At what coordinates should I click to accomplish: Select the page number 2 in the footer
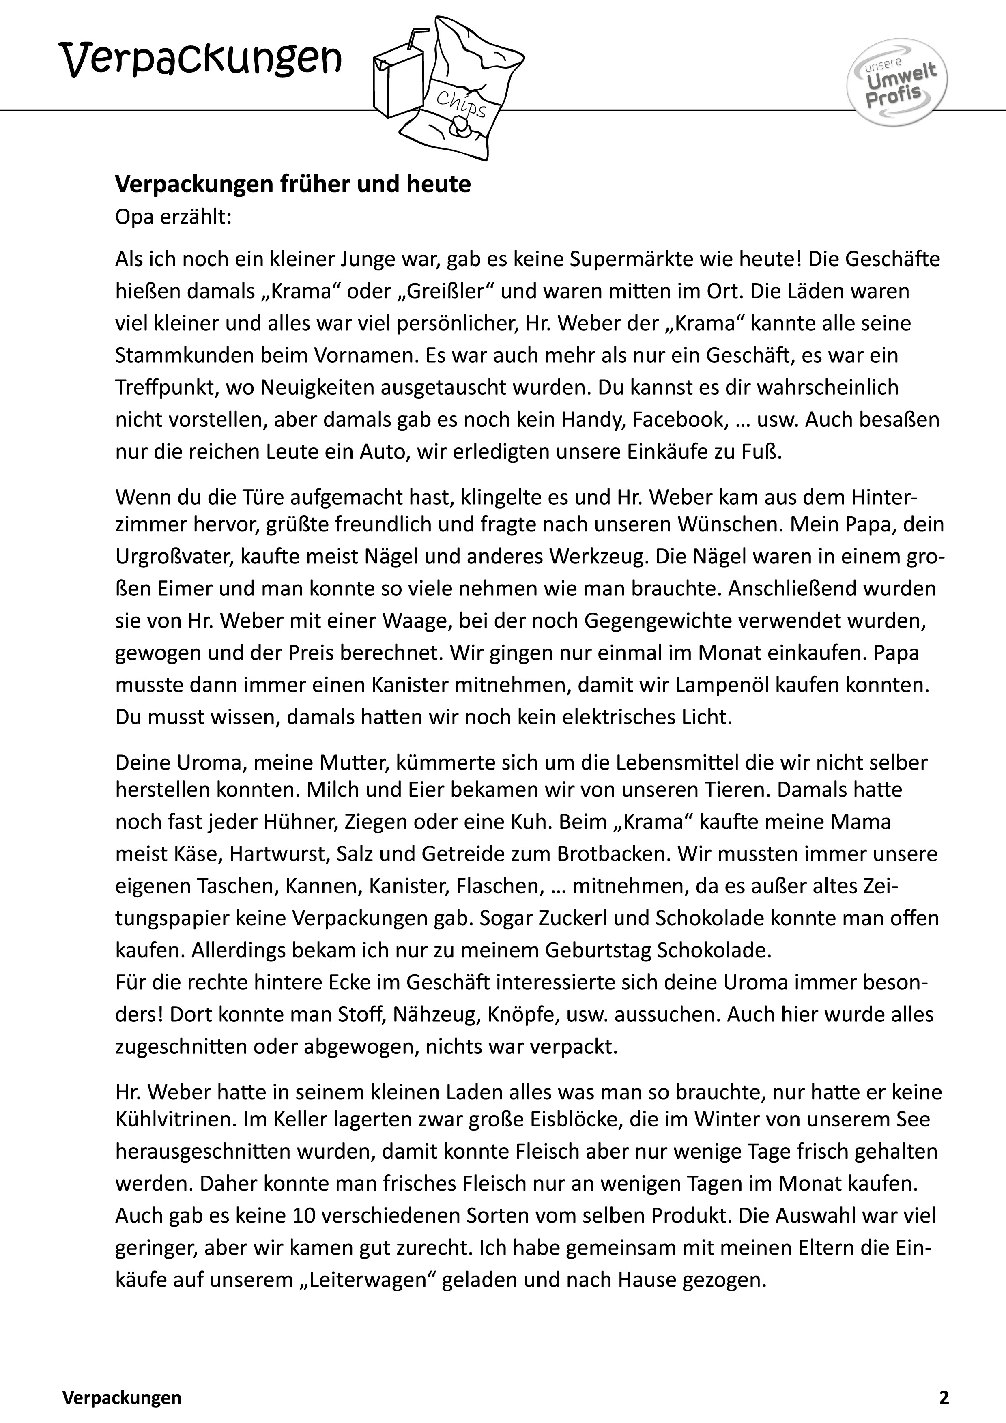pos(944,1381)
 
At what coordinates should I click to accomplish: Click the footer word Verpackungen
pos(122,1381)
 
